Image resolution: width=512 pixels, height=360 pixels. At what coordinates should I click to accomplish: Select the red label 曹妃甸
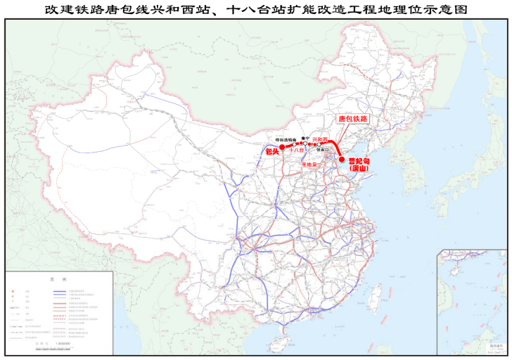coord(360,162)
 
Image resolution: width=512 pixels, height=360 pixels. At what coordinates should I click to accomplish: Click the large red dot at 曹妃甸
coord(342,159)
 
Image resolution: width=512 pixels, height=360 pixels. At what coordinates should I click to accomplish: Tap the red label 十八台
coord(296,150)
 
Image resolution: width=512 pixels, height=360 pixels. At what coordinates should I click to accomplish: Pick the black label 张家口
coord(323,149)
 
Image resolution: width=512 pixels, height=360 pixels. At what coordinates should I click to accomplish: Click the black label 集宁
coord(305,138)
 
